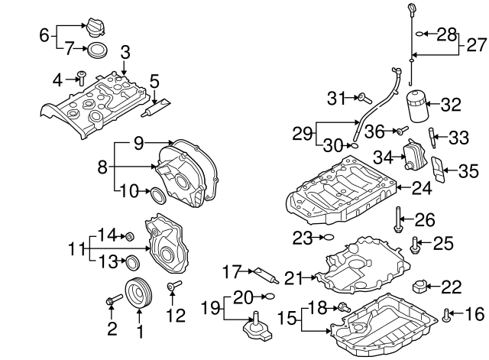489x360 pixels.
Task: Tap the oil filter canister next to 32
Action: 416,107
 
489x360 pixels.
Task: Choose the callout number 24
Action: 422,186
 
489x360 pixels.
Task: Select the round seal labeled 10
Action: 157,196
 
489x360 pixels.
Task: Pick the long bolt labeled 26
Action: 398,219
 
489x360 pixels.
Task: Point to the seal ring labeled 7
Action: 97,51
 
